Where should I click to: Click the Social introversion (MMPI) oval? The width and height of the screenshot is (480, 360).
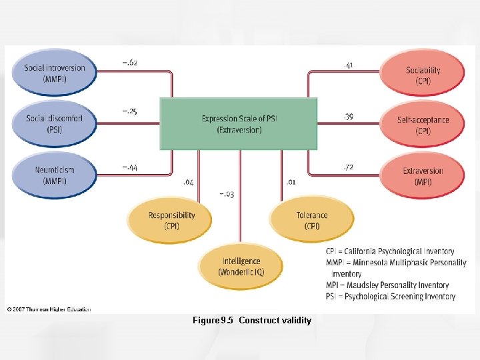coord(55,73)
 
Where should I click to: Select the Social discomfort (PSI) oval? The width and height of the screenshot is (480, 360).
coord(55,123)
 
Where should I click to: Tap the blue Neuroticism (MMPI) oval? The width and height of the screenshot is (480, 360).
coord(55,175)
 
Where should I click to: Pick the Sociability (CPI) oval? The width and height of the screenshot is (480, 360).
coord(423,75)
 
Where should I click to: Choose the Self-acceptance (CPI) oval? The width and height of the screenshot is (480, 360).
coord(423,125)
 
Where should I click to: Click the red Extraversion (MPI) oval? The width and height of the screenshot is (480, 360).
coord(423,176)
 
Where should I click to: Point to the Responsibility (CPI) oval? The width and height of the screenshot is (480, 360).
coord(171,220)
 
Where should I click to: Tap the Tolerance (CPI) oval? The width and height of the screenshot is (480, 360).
coord(311,220)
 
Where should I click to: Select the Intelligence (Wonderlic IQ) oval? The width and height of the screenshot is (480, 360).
coord(241,266)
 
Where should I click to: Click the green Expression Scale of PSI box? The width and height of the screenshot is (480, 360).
coord(239,124)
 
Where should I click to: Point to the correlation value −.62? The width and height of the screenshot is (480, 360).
coord(130,62)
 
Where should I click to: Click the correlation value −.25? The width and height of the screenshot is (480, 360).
coord(129,111)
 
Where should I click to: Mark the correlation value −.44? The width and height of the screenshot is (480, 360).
coord(130,167)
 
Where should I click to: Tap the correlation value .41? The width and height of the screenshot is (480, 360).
coord(348,65)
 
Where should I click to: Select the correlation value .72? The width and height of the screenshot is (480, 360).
coord(348,167)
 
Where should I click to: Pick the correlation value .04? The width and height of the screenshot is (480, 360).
coord(188,181)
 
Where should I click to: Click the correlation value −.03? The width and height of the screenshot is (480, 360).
coord(227,194)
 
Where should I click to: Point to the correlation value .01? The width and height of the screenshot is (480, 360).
coord(291,181)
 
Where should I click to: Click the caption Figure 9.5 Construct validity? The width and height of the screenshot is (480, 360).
coord(251,321)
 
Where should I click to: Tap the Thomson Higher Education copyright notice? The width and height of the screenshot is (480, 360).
coord(49,309)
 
